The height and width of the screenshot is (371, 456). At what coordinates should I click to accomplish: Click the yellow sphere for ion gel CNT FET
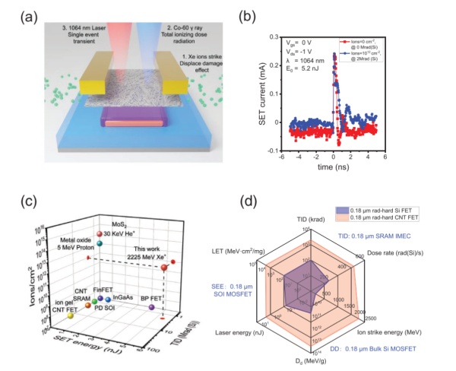click(x=71, y=314)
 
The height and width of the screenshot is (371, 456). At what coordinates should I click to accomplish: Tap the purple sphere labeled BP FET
click(x=152, y=307)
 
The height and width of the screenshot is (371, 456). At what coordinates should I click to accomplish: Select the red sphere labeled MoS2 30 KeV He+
click(x=99, y=233)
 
